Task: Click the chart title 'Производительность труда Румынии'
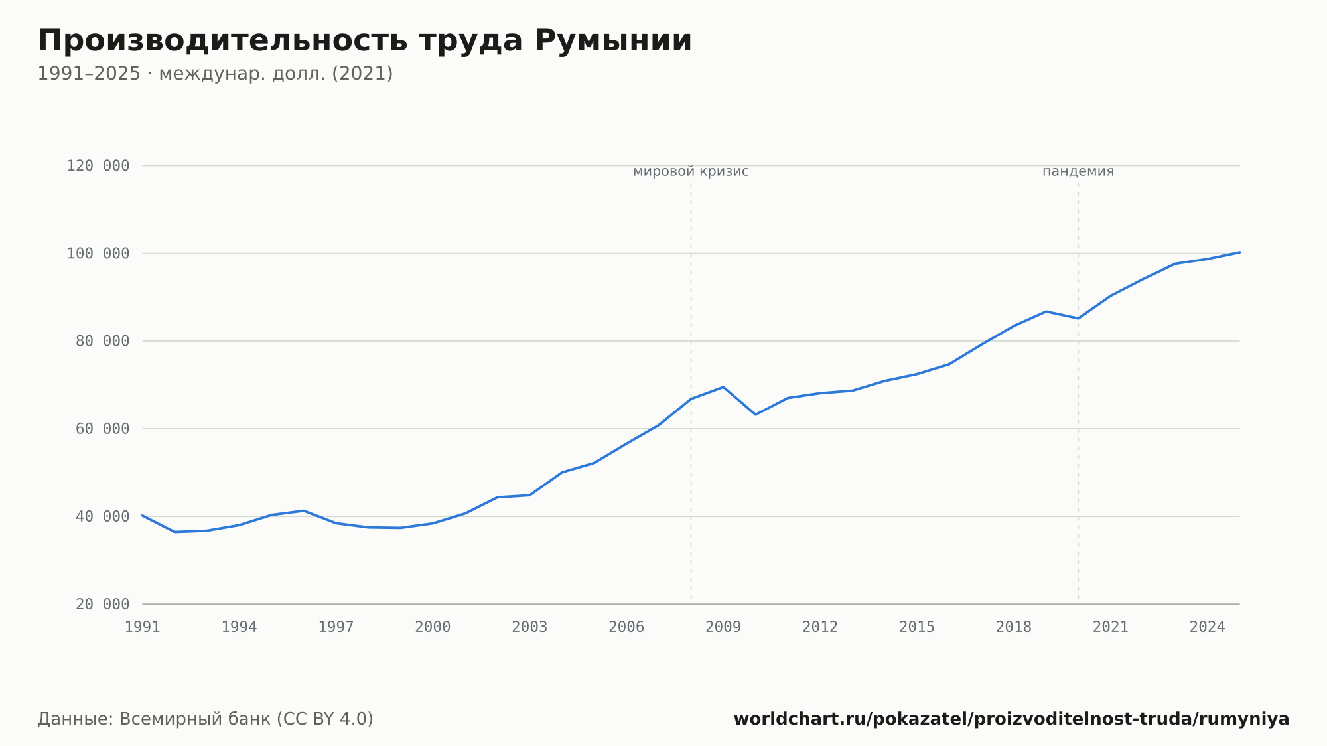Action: click(365, 41)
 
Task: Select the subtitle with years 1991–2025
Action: click(215, 74)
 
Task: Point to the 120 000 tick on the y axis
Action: click(98, 166)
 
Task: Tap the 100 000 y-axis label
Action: click(98, 254)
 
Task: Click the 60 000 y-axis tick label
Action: click(103, 429)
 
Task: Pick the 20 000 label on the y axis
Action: click(103, 604)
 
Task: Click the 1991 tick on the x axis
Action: click(143, 627)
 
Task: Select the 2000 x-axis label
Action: click(433, 627)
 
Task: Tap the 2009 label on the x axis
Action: click(723, 627)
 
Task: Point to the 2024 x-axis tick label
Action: click(1208, 627)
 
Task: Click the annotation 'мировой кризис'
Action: click(691, 171)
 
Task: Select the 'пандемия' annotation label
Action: click(1078, 171)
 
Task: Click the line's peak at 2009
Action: click(723, 387)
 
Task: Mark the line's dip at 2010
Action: click(756, 415)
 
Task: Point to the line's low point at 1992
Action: click(175, 532)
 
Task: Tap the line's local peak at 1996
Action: click(303, 510)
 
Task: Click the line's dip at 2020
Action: click(1078, 319)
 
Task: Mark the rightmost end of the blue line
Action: click(1239, 252)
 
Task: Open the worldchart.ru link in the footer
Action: click(1011, 719)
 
